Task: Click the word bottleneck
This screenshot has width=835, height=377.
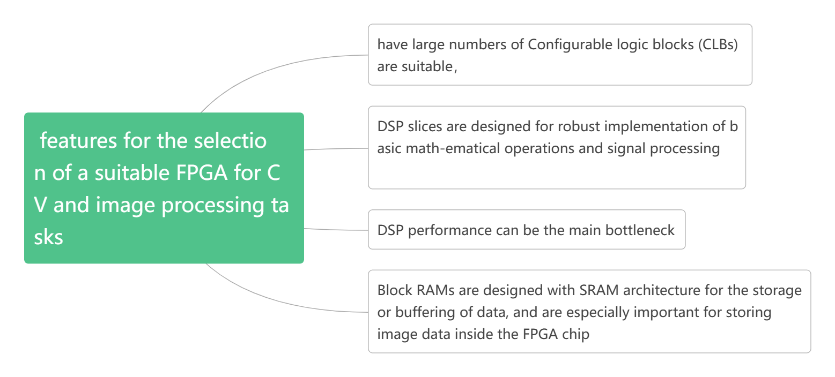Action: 640,230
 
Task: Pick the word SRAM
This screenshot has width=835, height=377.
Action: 600,290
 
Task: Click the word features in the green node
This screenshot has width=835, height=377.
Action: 78,141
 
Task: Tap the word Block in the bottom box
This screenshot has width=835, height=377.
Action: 394,290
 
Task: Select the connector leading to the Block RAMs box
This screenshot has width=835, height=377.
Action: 279,303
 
